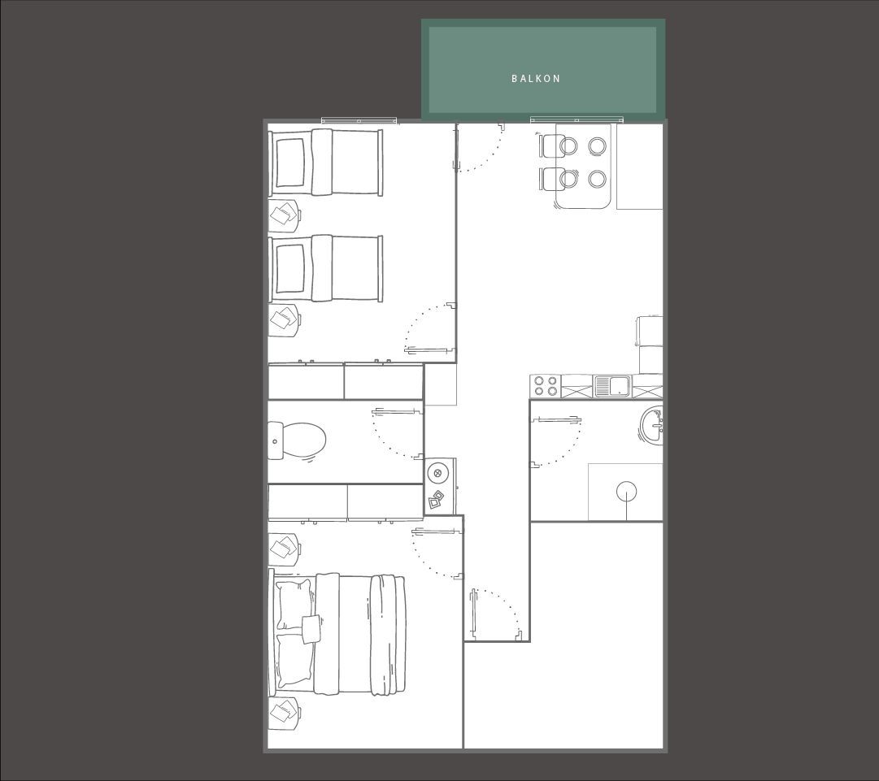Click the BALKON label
535,79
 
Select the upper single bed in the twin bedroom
325,163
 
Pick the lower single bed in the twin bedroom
325,268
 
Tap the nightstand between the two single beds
285,215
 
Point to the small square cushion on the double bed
311,628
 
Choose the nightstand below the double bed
285,714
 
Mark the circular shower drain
626,492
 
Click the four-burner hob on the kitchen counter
546,386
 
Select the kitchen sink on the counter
612,386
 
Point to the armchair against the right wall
649,344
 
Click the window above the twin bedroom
359,120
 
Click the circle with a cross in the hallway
437,474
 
